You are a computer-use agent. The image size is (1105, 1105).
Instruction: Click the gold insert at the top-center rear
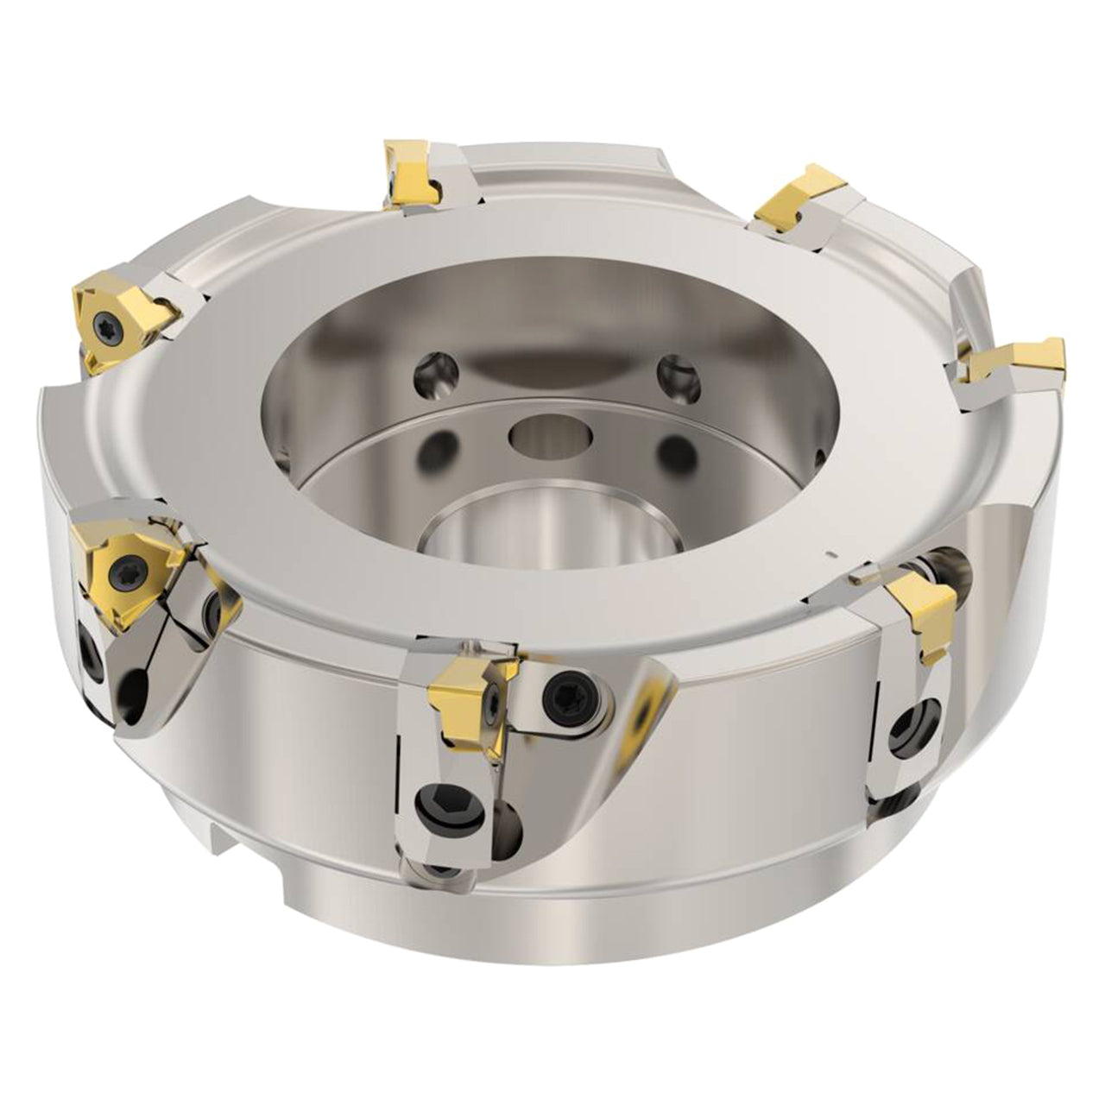[x=410, y=177]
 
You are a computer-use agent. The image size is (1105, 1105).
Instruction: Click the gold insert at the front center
[x=470, y=699]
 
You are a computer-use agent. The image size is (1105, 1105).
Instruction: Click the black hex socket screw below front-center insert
[x=434, y=810]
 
